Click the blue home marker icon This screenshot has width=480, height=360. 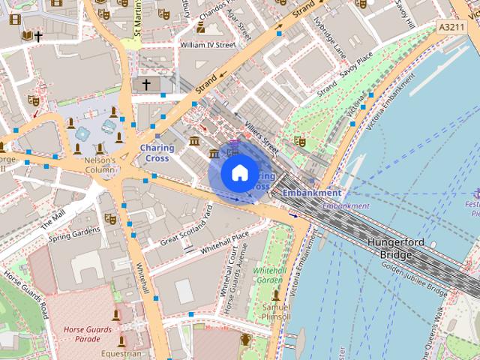[x=239, y=173]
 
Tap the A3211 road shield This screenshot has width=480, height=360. [x=451, y=27]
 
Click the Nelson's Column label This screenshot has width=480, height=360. [x=100, y=165]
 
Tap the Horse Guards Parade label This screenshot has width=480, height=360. [x=82, y=334]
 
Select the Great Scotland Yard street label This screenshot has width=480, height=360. [x=187, y=226]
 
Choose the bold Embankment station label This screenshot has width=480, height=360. [x=311, y=193]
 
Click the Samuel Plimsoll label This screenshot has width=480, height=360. [x=275, y=311]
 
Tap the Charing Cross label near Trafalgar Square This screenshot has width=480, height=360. [x=157, y=153]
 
